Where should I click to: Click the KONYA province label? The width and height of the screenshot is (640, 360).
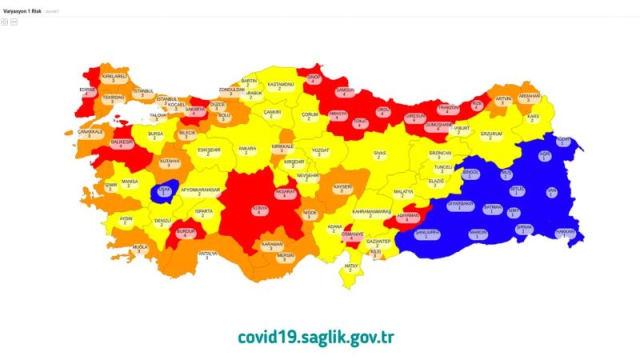[259, 209]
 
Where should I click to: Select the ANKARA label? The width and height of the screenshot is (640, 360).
[247, 150]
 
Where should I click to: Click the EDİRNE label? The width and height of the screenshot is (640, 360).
[87, 91]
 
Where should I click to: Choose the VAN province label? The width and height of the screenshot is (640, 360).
[551, 192]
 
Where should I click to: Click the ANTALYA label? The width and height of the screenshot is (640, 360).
[207, 255]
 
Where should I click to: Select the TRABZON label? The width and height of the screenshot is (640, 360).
[448, 109]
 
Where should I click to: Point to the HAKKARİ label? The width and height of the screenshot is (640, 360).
[565, 233]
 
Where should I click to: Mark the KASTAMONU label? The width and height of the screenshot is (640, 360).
[280, 86]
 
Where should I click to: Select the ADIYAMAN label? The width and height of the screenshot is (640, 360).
[407, 217]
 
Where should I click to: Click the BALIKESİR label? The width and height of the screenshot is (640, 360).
[120, 144]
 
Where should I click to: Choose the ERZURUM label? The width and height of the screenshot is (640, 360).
[491, 135]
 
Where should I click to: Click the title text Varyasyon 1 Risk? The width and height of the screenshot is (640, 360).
[22, 10]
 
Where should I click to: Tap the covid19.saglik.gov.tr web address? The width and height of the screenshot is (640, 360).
[315, 337]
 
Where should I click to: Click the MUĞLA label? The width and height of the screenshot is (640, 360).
[140, 249]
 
